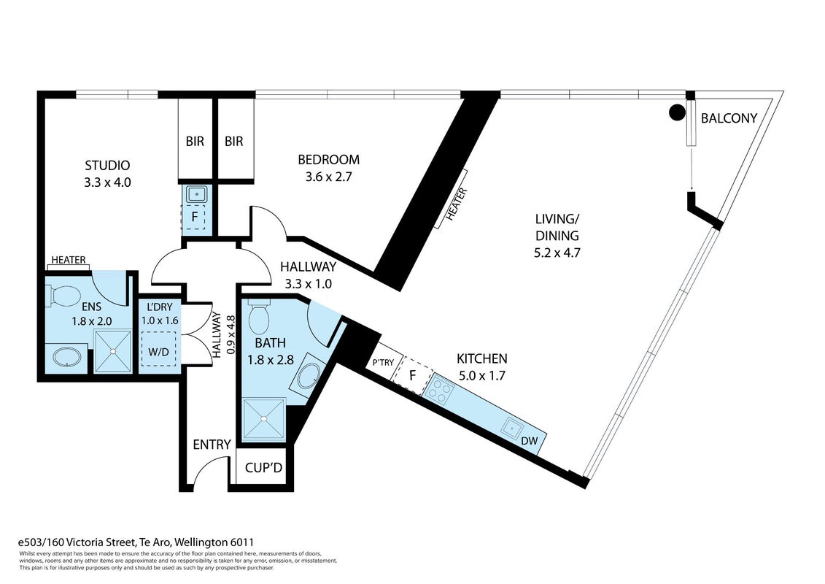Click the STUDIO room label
[x=107, y=166]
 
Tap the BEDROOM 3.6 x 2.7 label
[x=328, y=168]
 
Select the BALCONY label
[x=729, y=118]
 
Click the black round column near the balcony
[x=677, y=112]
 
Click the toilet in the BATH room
[x=258, y=315]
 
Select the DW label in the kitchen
[x=530, y=441]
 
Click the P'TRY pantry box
[x=384, y=363]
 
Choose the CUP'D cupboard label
[x=263, y=467]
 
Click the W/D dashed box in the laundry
[x=158, y=349]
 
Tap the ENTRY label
[x=212, y=445]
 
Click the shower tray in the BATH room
[x=264, y=418]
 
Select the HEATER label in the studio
[x=69, y=260]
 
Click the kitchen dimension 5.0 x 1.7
[x=482, y=376]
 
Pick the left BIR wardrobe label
[x=195, y=141]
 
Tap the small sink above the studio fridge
[x=195, y=194]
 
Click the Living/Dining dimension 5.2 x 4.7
[x=557, y=253]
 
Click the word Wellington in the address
[x=203, y=542]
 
